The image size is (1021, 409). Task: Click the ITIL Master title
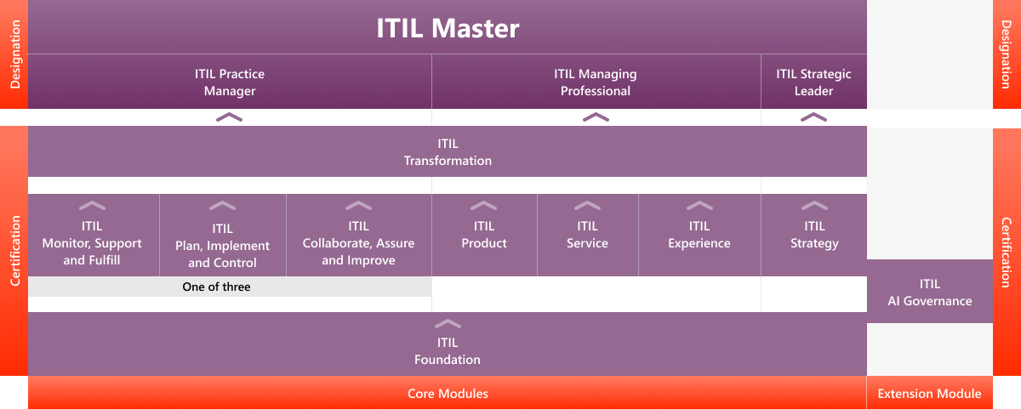[x=448, y=28]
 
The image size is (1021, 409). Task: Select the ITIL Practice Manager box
[x=230, y=82]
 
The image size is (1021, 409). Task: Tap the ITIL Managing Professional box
[x=596, y=82]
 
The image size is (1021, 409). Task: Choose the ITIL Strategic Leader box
[x=813, y=82]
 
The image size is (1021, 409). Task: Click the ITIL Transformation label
[x=448, y=152]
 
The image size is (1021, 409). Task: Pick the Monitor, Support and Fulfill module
[x=92, y=243]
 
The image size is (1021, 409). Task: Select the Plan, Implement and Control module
[x=222, y=245]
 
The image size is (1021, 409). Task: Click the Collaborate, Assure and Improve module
[x=358, y=243]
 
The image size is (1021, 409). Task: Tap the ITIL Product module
[x=484, y=235]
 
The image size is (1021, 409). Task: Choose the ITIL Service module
[x=587, y=235]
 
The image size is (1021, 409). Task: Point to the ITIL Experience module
[x=699, y=235]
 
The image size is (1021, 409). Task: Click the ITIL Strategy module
[x=814, y=235]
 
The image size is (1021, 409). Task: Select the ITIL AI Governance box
[x=929, y=292]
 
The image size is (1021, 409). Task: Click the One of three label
[x=216, y=287]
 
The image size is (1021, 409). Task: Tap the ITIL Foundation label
[x=448, y=351]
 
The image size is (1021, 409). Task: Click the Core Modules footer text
[x=448, y=394]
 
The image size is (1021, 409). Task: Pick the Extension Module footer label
[x=929, y=394]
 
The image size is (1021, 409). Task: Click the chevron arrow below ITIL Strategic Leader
[x=814, y=116]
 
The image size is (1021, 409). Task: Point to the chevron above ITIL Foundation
[x=448, y=323]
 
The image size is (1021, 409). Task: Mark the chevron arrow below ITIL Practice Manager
[x=229, y=116]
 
